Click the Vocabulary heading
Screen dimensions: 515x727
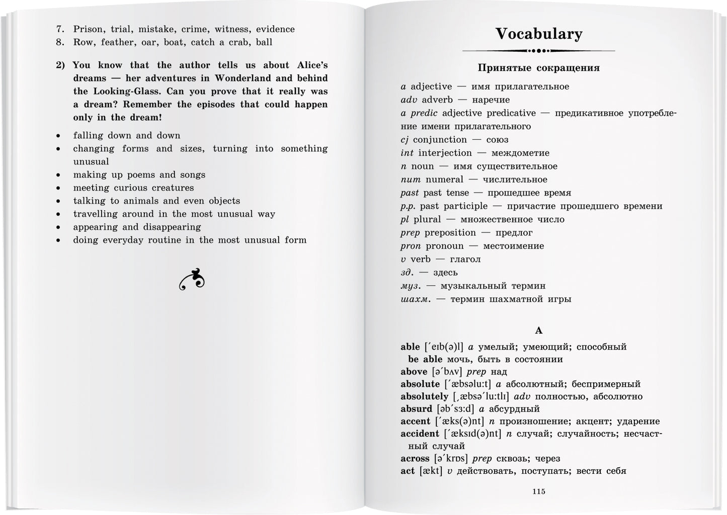538,34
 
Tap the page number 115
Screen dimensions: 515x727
538,491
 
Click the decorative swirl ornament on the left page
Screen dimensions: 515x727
192,280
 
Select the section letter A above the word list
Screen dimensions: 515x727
538,330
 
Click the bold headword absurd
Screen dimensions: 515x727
416,409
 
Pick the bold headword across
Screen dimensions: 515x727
415,459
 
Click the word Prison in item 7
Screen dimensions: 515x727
89,29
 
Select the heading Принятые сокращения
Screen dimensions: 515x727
538,68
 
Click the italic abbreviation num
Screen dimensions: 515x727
411,180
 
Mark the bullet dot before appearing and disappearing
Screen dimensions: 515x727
59,227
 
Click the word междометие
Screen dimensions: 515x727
520,153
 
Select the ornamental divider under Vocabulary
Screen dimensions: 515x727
538,51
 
